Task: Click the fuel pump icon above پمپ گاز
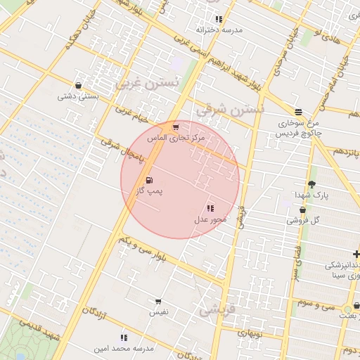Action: [x=148, y=181]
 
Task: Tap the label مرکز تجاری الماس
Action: [x=175, y=139]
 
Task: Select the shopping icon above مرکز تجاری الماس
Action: [x=175, y=127]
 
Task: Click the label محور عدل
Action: [x=210, y=219]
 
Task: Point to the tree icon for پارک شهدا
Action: [x=311, y=184]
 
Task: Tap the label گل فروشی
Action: [x=303, y=220]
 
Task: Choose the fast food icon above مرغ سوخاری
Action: [x=299, y=112]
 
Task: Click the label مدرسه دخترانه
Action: [x=219, y=30]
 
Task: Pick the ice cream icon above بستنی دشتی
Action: [x=77, y=86]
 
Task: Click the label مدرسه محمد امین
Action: [x=124, y=349]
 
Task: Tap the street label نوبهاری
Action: [x=250, y=334]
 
